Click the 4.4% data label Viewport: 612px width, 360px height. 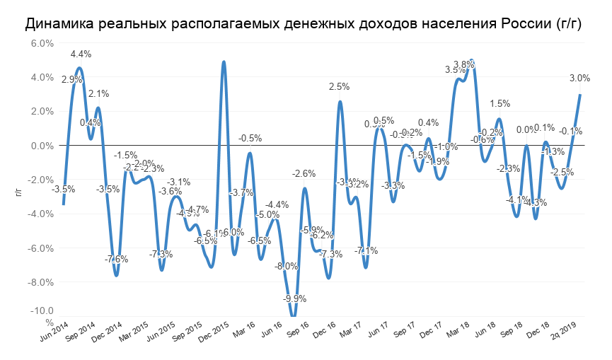coord(80,54)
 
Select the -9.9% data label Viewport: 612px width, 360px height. coord(294,299)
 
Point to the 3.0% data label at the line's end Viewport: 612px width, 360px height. coord(580,79)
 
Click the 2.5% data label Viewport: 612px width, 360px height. coord(340,87)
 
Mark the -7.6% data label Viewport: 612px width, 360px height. coord(117,260)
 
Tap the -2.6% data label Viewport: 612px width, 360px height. coord(304,174)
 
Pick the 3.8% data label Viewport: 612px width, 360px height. coord(464,65)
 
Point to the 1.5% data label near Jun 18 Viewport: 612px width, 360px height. coord(500,104)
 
